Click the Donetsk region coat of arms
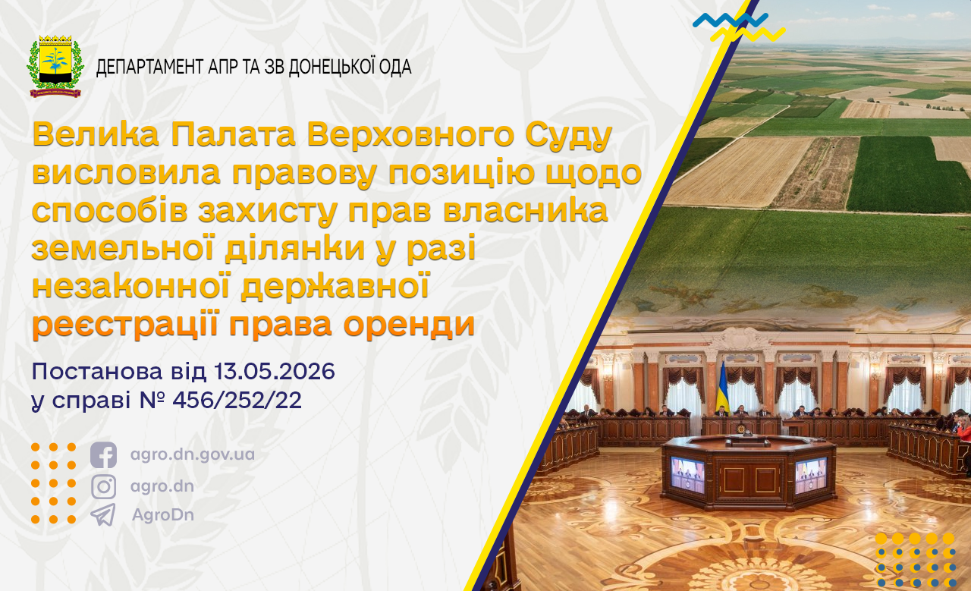coord(55,66)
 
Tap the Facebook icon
coord(104,455)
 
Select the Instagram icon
coord(104,486)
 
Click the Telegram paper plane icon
coord(103,514)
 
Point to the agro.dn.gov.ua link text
coord(193,455)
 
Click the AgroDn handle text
coord(163,514)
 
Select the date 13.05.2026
coord(275,372)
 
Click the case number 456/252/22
coord(237,401)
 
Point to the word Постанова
coord(97,372)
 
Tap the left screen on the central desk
coord(688,474)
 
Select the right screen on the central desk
coord(811,475)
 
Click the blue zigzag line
coord(731,20)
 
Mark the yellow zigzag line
coord(748,34)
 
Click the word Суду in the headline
coord(569,136)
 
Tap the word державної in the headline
coord(335,287)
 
